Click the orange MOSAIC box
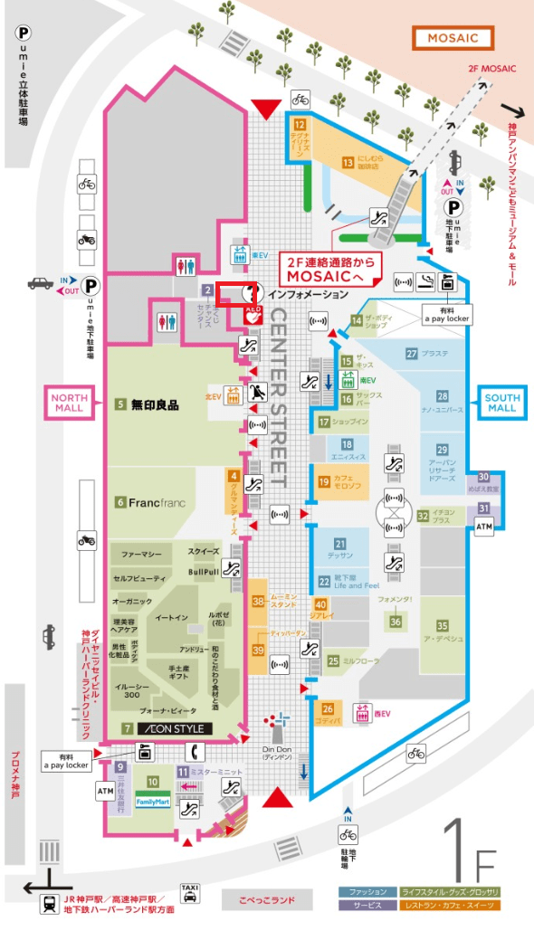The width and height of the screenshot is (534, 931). pyautogui.click(x=453, y=38)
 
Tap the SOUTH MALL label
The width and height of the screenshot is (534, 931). pyautogui.click(x=502, y=402)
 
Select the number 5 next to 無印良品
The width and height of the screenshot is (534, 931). pyautogui.click(x=119, y=405)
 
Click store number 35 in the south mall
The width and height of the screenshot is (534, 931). pyautogui.click(x=442, y=625)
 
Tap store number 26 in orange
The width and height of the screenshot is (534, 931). pyautogui.click(x=328, y=708)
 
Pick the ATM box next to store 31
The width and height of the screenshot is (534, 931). pyautogui.click(x=484, y=527)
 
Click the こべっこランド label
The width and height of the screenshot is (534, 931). pyautogui.click(x=268, y=900)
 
